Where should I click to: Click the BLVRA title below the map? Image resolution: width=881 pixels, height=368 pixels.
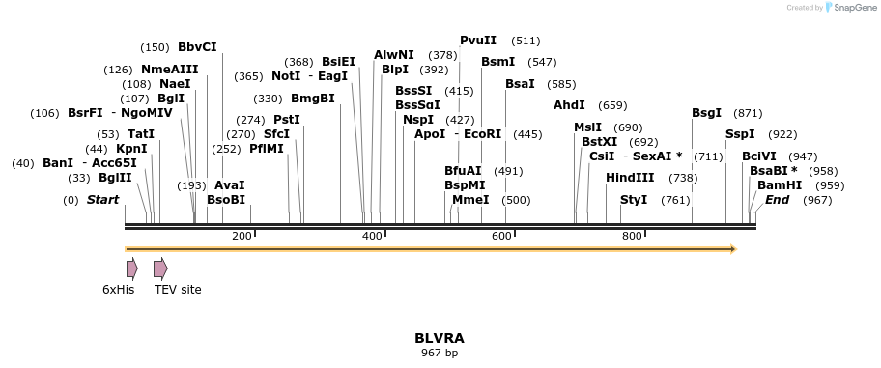tap(440, 338)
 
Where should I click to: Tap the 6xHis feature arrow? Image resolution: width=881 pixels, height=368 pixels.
tap(131, 269)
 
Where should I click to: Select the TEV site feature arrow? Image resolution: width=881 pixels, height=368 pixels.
tap(160, 269)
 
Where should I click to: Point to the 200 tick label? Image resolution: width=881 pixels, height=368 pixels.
tap(242, 237)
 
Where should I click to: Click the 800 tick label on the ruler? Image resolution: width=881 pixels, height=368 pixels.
tap(632, 237)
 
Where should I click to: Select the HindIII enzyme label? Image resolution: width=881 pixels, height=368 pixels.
tap(630, 178)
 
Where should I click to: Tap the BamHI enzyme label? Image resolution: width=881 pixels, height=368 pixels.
tap(780, 185)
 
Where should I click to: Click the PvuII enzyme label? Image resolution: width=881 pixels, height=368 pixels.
tap(478, 41)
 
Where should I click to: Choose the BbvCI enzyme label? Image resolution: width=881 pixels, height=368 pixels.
tap(197, 47)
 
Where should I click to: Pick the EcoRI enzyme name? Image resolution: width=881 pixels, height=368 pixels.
tap(483, 134)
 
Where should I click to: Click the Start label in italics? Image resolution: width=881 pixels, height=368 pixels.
tap(103, 200)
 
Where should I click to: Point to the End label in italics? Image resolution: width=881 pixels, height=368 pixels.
tap(778, 200)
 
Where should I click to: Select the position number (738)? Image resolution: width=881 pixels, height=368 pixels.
tap(683, 178)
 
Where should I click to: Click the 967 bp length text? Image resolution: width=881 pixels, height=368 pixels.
tap(440, 354)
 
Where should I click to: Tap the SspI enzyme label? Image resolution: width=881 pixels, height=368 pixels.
tap(740, 134)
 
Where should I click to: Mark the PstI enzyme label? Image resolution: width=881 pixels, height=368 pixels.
tap(287, 120)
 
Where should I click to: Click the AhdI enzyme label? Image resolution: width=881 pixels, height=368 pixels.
tap(569, 105)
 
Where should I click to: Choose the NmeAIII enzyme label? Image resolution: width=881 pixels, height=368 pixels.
tap(169, 70)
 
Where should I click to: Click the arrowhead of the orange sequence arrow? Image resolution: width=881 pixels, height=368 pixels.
tap(733, 249)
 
